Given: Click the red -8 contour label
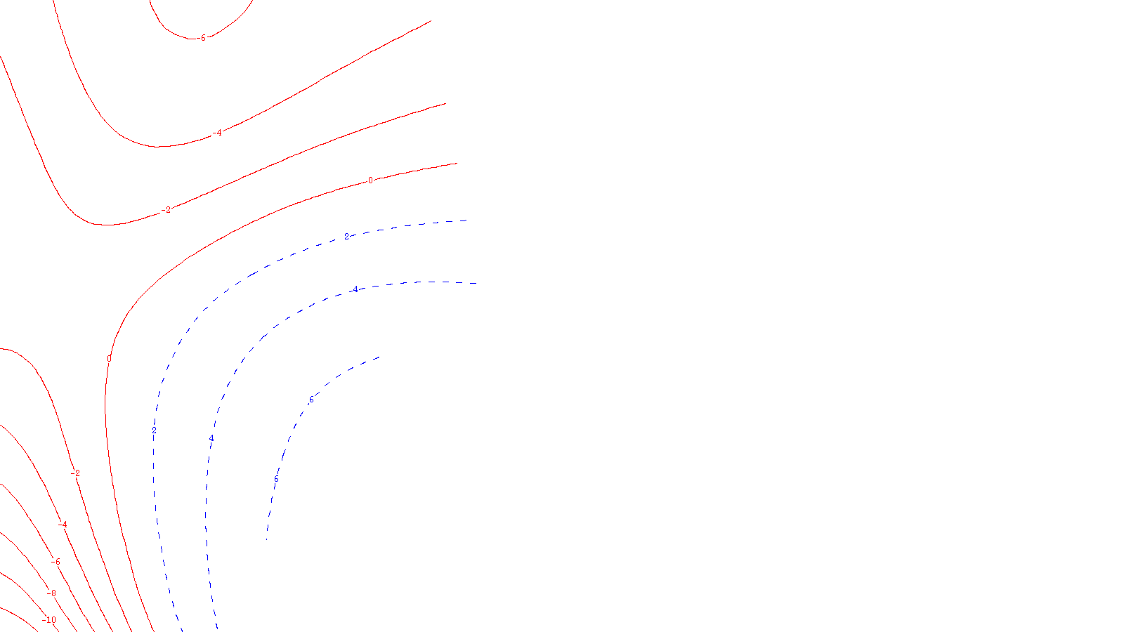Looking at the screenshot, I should click(x=51, y=593).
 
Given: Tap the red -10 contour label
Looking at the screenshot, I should click(x=49, y=620).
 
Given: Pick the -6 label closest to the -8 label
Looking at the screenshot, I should click(x=55, y=562).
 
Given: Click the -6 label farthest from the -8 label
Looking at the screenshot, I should click(x=203, y=38).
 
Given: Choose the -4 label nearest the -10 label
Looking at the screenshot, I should click(x=63, y=525).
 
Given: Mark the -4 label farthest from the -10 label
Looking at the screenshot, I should click(x=218, y=133).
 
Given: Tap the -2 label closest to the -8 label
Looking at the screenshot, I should click(x=76, y=473).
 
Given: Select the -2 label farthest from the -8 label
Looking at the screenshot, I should click(x=166, y=210).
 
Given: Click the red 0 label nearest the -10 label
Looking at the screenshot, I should click(x=109, y=359).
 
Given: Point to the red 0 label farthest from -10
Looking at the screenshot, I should click(x=370, y=180).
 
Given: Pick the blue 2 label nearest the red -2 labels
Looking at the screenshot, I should click(x=154, y=430).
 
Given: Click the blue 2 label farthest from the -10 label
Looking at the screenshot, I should click(x=346, y=237).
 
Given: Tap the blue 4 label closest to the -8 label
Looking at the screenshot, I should click(x=211, y=439).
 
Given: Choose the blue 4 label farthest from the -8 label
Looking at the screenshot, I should click(x=355, y=289).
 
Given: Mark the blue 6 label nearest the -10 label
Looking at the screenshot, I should click(x=276, y=480).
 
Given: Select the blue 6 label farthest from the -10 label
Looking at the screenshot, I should click(x=311, y=400).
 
